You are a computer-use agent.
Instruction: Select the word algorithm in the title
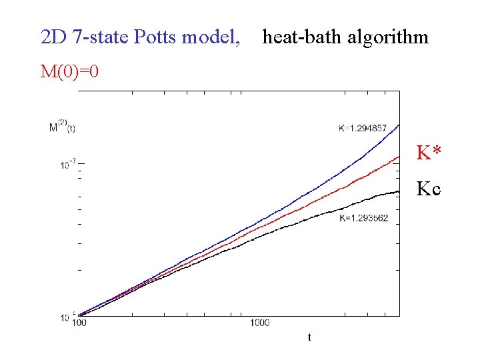tap(387, 37)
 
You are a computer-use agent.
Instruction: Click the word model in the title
tap(209, 37)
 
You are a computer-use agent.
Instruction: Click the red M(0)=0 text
tap(70, 71)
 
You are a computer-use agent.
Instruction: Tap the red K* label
tap(428, 153)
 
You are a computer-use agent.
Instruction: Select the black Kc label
tap(428, 189)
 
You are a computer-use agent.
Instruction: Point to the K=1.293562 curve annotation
tap(363, 219)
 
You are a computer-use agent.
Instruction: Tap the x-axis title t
tap(309, 338)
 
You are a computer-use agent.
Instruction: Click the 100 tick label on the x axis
tap(79, 323)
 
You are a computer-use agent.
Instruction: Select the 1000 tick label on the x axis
tap(260, 323)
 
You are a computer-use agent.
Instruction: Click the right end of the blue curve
tap(399, 125)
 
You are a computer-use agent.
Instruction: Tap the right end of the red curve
tap(399, 157)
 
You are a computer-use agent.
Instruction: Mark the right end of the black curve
tap(399, 191)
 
